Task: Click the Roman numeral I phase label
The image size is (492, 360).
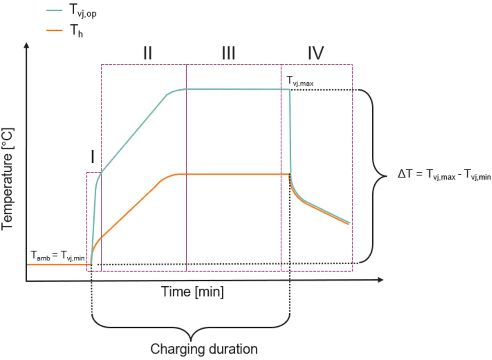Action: (93, 157)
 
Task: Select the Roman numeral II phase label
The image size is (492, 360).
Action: (148, 53)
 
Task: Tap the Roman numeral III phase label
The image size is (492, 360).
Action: (228, 53)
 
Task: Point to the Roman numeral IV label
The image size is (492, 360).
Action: (316, 53)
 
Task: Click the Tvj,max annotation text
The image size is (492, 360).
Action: (300, 81)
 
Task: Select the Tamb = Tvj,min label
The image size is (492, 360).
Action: (58, 255)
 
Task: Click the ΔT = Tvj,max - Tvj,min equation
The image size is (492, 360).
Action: (444, 175)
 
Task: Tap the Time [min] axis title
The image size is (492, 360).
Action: (193, 292)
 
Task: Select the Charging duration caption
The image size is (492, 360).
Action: (204, 349)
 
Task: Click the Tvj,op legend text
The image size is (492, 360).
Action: (83, 11)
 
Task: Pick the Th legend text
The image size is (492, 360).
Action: (76, 31)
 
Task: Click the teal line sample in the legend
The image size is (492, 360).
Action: (54, 10)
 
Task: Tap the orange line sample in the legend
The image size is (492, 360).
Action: (54, 30)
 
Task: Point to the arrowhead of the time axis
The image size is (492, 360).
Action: (381, 280)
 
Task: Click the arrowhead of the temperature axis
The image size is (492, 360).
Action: (27, 45)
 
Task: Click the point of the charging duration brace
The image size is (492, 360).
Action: (191, 340)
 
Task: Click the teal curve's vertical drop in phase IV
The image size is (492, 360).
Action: (290, 132)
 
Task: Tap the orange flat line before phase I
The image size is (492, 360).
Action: (59, 265)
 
